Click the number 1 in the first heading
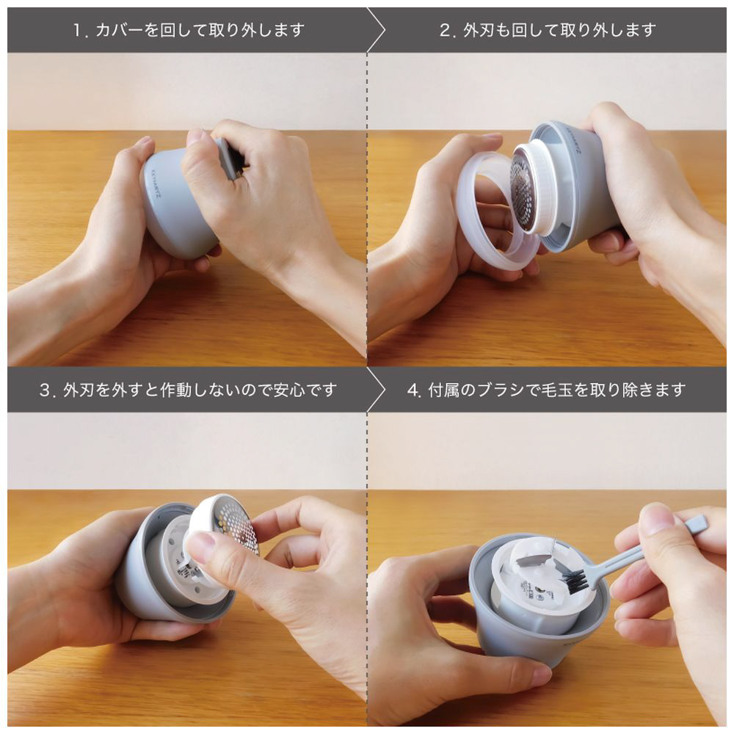pyautogui.click(x=78, y=31)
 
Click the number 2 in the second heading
pyautogui.click(x=445, y=31)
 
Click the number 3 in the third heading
pyautogui.click(x=45, y=390)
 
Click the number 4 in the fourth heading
pyautogui.click(x=413, y=390)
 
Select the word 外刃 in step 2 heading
pyautogui.click(x=479, y=30)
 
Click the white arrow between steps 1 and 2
pyautogui.click(x=377, y=30)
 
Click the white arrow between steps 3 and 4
pyautogui.click(x=377, y=390)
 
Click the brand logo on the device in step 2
pyautogui.click(x=573, y=139)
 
